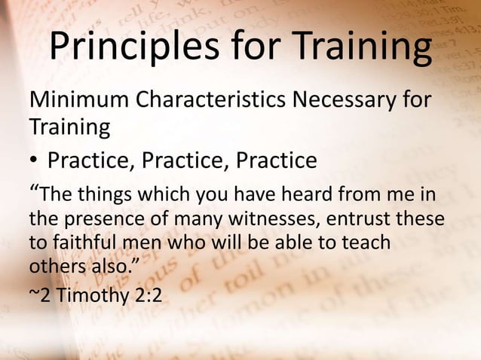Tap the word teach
pos(366,243)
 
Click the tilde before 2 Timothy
pos(33,295)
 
